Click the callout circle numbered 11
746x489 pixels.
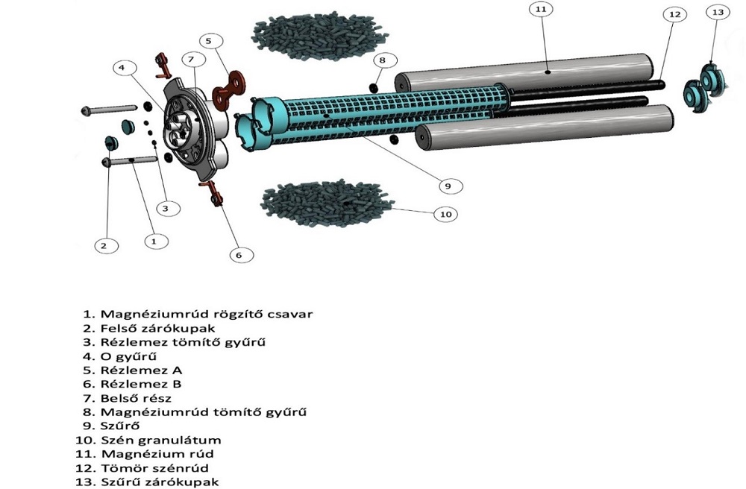click(x=540, y=10)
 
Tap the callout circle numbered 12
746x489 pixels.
click(x=674, y=14)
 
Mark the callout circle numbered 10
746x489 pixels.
click(x=445, y=214)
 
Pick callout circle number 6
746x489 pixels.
click(x=238, y=255)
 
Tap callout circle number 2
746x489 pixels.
click(x=104, y=245)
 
